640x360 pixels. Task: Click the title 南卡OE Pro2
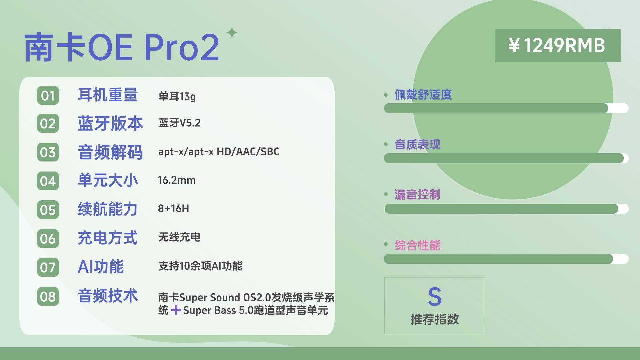(x=122, y=47)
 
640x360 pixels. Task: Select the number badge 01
(x=48, y=96)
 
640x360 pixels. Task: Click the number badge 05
(x=48, y=210)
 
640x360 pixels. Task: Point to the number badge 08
(x=48, y=296)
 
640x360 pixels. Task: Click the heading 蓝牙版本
(x=110, y=123)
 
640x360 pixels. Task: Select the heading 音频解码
(x=110, y=152)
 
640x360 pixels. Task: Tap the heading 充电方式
(x=108, y=238)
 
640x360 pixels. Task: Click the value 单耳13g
(x=177, y=96)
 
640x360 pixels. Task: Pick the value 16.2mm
(x=177, y=180)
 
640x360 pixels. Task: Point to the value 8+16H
(x=173, y=209)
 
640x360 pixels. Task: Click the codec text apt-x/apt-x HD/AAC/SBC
(x=219, y=152)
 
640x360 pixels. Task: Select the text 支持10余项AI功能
(x=200, y=266)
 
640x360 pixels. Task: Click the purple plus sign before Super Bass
(x=176, y=310)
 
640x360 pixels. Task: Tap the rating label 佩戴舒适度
(x=423, y=95)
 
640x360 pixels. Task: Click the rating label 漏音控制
(x=417, y=194)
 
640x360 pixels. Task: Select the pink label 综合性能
(x=417, y=245)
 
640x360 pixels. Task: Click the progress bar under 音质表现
(x=506, y=158)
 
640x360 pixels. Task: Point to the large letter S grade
(x=435, y=296)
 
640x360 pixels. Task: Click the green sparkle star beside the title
(x=232, y=33)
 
